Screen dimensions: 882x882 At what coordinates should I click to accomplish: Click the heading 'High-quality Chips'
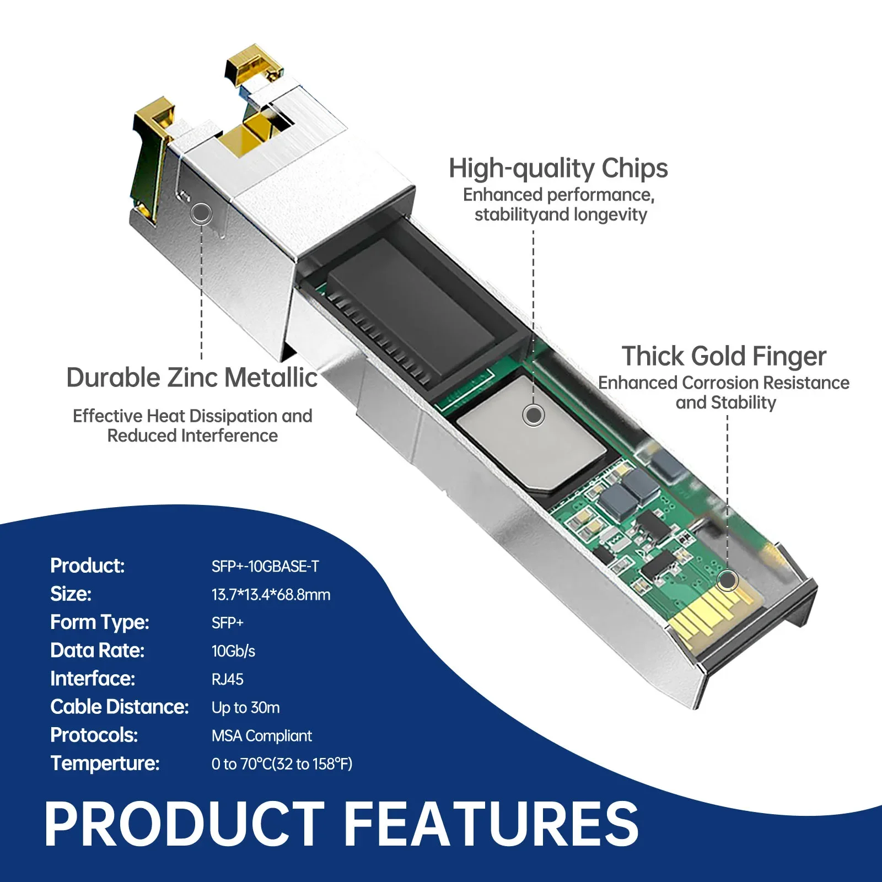[558, 168]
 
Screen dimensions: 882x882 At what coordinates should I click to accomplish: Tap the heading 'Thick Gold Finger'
[724, 356]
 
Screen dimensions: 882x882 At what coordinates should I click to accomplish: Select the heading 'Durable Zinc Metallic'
[192, 378]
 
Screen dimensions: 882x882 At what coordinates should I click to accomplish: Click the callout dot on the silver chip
[534, 415]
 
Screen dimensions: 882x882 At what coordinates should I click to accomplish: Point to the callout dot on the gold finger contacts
[728, 580]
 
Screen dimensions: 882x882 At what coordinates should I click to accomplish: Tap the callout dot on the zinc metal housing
[201, 213]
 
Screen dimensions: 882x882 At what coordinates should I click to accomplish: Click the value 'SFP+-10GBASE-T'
[265, 566]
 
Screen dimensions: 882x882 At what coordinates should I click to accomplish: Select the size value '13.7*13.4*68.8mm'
[271, 595]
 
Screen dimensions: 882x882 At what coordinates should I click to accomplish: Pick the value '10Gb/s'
[233, 651]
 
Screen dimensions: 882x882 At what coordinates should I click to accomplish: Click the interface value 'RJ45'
[227, 679]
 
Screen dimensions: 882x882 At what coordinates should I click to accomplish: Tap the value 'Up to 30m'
[245, 707]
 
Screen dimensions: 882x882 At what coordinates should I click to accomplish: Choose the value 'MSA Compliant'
[261, 736]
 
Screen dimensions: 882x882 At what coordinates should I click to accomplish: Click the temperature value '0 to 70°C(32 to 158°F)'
[282, 764]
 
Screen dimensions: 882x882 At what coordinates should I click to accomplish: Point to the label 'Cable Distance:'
[119, 707]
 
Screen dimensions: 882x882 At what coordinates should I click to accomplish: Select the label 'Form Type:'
[100, 622]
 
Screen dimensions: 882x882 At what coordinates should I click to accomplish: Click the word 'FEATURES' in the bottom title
[491, 824]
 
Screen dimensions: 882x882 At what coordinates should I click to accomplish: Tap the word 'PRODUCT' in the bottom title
[185, 824]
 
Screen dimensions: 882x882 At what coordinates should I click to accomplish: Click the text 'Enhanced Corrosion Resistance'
[724, 383]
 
